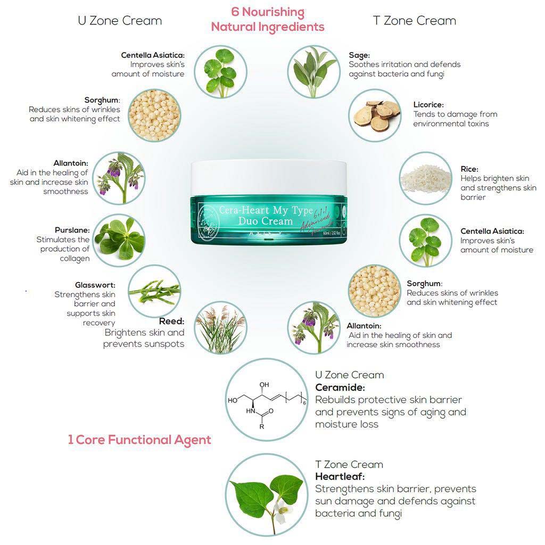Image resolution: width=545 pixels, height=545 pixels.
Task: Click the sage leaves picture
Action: (313, 71)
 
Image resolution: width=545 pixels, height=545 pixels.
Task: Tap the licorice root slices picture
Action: (375, 115)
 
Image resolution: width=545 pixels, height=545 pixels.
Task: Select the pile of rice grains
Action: (425, 178)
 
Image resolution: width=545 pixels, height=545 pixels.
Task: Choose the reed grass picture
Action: (220, 328)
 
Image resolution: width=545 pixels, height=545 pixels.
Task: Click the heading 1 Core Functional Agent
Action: (139, 440)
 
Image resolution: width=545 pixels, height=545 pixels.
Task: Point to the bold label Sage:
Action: (359, 55)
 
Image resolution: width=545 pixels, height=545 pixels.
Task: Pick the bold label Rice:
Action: (469, 169)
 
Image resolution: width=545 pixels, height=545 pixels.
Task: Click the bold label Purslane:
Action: (72, 230)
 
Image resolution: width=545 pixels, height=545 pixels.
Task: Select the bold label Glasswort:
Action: (95, 285)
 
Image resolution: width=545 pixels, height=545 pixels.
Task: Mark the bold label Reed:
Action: (171, 321)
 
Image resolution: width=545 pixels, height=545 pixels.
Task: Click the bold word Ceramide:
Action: (340, 387)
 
